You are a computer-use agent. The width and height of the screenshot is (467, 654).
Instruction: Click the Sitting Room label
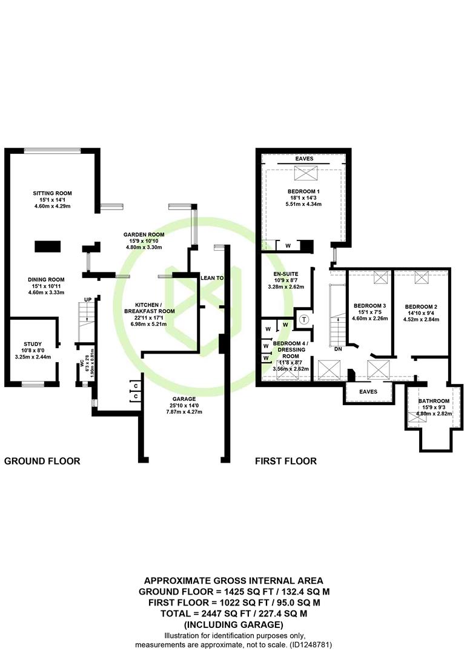[52, 193]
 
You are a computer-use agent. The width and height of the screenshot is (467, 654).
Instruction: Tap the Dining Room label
[46, 280]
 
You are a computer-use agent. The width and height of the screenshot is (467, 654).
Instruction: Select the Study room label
[33, 344]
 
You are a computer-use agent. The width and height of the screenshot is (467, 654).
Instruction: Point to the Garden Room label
[144, 234]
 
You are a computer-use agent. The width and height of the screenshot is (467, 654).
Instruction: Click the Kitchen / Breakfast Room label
[150, 308]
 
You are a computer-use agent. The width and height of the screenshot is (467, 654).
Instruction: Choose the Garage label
[184, 399]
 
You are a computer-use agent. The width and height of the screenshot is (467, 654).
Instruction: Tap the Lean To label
[212, 278]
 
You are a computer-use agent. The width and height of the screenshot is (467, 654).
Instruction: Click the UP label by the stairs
[88, 300]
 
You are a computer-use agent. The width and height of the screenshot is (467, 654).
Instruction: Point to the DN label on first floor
[338, 349]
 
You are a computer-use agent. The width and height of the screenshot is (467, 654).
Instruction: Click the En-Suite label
[286, 274]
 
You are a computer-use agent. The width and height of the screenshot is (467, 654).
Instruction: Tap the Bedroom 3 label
[369, 306]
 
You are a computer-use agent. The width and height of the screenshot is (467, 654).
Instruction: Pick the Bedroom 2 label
[421, 307]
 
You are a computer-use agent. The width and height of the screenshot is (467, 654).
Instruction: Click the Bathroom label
[434, 401]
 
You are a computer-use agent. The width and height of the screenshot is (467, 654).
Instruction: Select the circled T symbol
[304, 320]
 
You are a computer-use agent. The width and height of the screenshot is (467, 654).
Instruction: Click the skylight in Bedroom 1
[306, 173]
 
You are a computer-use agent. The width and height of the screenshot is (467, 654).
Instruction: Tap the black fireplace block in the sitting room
[48, 246]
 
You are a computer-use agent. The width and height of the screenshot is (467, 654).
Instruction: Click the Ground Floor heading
[42, 461]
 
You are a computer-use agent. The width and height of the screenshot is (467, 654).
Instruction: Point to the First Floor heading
[286, 461]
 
